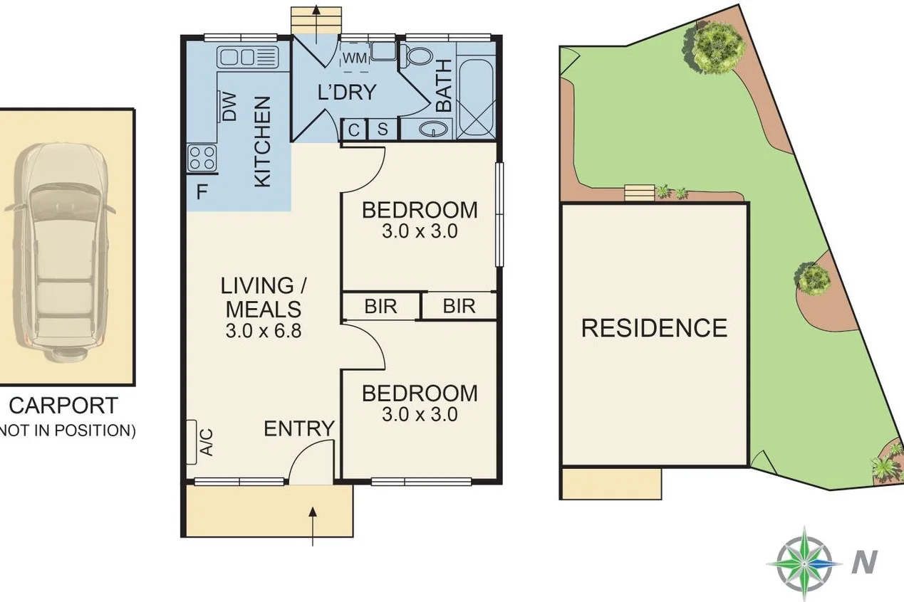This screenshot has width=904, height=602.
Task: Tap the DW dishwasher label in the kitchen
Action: (x=229, y=107)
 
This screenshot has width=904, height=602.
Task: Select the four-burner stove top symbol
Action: (x=202, y=157)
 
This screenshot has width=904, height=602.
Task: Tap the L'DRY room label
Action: (x=346, y=92)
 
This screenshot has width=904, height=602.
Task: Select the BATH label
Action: (x=443, y=85)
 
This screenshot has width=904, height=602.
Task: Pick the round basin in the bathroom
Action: (x=433, y=129)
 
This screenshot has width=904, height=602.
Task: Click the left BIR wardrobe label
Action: (x=380, y=307)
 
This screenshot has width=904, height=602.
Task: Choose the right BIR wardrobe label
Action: (x=459, y=307)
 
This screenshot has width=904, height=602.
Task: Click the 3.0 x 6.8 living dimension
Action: (x=264, y=331)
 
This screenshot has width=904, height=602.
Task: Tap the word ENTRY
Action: (x=299, y=429)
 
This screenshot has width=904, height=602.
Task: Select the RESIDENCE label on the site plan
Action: (x=654, y=328)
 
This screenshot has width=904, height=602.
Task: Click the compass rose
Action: (x=804, y=562)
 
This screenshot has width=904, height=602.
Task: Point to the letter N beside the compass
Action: (x=864, y=562)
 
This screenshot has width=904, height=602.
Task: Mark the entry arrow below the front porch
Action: (x=314, y=527)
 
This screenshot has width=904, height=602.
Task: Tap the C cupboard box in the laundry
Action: (x=354, y=130)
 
